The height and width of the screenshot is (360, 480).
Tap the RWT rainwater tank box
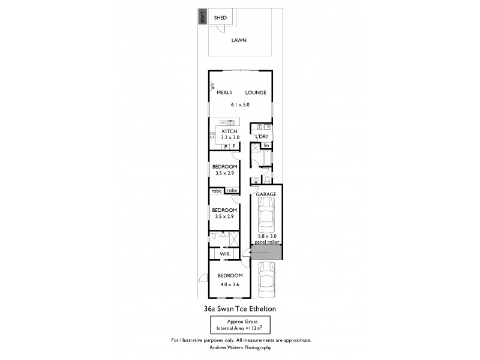[x=203, y=18]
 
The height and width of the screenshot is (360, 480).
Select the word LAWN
[x=240, y=41]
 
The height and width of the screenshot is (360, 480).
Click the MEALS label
[x=224, y=93]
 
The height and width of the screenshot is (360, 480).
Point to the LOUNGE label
[x=256, y=93]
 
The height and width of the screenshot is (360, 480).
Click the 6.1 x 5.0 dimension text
[x=240, y=105]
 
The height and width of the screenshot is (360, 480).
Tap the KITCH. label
[x=230, y=131]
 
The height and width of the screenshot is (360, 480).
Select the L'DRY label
[x=262, y=137]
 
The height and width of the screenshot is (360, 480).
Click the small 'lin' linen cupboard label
[x=266, y=145]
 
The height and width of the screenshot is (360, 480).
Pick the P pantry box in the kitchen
[x=226, y=146]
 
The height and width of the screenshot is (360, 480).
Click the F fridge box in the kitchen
[x=235, y=146]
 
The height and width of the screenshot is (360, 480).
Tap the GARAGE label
[x=266, y=195]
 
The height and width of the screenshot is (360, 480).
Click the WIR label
[x=226, y=254]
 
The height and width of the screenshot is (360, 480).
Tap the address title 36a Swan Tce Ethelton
[x=240, y=309]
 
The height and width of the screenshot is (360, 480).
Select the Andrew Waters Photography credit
[x=240, y=347]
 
